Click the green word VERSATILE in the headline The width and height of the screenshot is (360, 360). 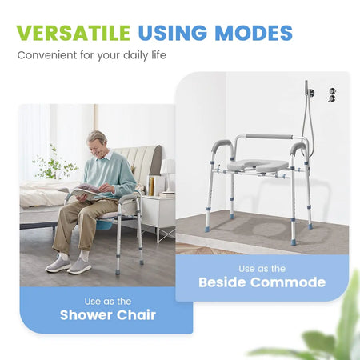(74, 33)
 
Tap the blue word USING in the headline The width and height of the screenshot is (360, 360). (173, 33)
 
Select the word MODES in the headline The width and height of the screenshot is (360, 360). (254, 33)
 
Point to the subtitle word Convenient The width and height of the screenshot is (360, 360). (47, 55)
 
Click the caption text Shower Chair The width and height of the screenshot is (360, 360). (108, 315)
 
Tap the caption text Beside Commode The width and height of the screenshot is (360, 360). (262, 282)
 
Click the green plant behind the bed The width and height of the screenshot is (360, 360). (55, 164)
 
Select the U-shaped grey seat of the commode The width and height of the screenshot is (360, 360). (258, 165)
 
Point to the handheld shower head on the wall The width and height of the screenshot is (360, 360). (306, 90)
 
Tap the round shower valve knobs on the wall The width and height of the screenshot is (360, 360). (332, 94)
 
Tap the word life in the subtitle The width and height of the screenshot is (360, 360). (159, 55)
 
